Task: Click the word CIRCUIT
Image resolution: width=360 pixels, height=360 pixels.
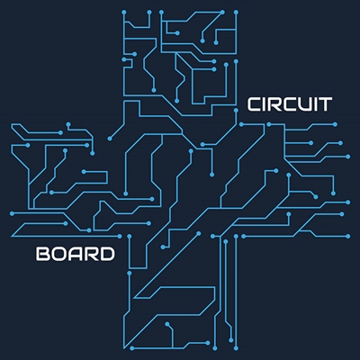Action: click(x=289, y=104)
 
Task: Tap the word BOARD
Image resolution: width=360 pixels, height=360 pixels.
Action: click(x=76, y=254)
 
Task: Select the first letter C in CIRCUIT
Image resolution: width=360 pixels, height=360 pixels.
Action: click(x=254, y=104)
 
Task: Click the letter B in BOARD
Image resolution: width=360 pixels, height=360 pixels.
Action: click(x=42, y=254)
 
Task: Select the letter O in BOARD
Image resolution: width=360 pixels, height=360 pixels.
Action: click(x=58, y=254)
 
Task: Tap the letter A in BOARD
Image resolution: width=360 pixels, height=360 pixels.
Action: click(x=75, y=254)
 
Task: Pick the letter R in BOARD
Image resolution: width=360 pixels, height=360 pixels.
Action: click(x=91, y=254)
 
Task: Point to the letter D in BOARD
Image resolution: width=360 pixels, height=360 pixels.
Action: click(x=107, y=254)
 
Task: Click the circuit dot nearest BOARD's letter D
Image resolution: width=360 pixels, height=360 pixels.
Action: click(x=120, y=237)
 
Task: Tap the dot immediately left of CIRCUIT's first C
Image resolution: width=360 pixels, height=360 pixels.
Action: click(x=236, y=111)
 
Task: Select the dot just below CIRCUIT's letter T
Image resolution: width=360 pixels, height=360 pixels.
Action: click(x=335, y=124)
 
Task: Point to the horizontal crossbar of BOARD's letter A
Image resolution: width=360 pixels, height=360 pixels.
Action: click(x=75, y=256)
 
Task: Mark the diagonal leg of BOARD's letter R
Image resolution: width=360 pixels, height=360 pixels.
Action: click(x=94, y=258)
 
